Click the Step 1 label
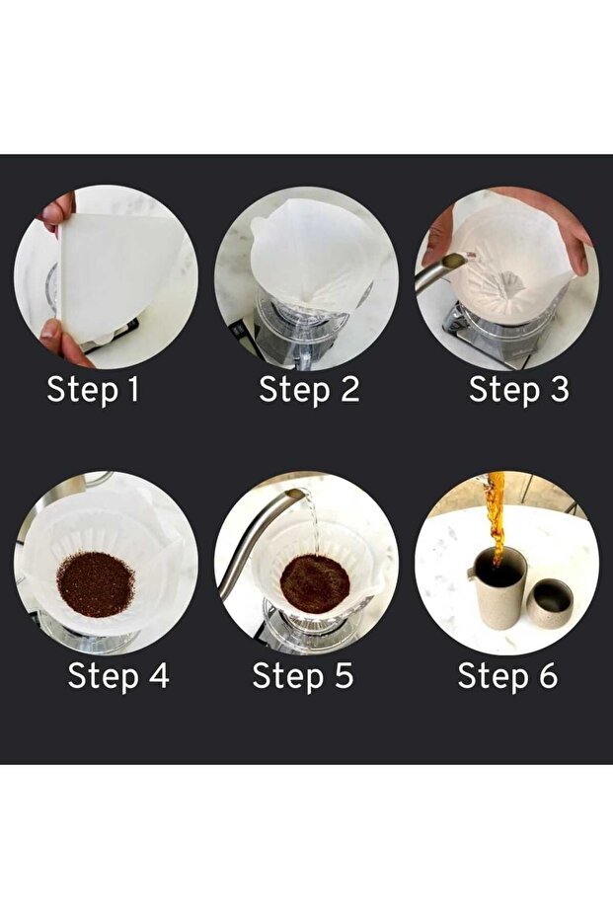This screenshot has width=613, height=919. point(93,390)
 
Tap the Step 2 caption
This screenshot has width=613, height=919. point(309,390)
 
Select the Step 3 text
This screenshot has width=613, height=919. point(518,390)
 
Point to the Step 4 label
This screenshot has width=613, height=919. point(118,676)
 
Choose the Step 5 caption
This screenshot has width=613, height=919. point(303,676)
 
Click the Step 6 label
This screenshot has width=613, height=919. point(507,676)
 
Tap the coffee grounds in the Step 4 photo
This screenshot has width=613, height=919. point(96,583)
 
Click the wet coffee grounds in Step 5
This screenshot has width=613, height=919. point(315,583)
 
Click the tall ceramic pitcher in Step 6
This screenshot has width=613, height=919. point(497,586)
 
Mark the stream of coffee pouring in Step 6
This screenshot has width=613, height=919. point(496,515)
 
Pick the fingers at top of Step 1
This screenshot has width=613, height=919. point(58,212)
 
